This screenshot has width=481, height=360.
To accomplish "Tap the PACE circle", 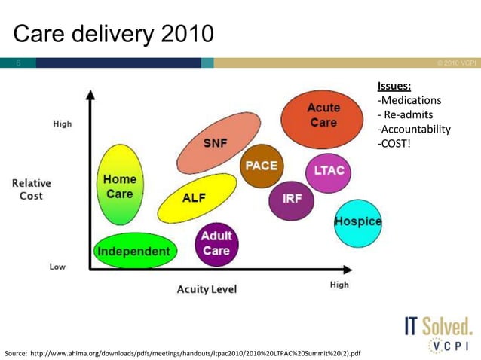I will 261,166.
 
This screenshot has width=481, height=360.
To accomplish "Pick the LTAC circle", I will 329,170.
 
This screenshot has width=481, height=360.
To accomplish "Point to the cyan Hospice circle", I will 357,222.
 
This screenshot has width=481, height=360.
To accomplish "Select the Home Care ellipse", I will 119,186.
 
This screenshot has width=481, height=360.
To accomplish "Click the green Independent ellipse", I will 134,251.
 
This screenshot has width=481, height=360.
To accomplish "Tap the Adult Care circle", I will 216,243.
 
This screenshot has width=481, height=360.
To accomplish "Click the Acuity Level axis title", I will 207,289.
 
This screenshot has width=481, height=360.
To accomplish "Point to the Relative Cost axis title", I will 31,189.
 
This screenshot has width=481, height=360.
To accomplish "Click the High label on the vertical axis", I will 63,124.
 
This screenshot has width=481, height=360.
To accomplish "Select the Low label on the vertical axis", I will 57,267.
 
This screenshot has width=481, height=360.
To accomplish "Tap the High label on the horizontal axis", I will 339,285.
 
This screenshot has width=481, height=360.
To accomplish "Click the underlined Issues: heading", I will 394,86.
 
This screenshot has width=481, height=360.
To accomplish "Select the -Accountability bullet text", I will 413,129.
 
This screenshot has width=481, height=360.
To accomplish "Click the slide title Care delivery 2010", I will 114,34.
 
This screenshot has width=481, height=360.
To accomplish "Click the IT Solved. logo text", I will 438,326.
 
